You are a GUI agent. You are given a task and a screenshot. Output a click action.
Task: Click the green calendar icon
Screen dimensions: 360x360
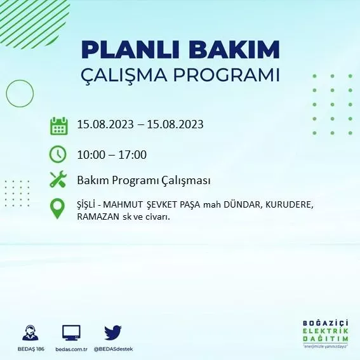click(x=59, y=126)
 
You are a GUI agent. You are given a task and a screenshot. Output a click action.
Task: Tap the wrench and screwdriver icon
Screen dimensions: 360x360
click(x=58, y=180)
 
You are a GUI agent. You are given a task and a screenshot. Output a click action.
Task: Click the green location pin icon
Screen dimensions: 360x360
click(x=58, y=209)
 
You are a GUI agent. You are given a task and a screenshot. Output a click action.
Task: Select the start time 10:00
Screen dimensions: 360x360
click(x=91, y=154)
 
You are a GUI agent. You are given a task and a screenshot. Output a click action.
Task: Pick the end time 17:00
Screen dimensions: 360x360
click(x=133, y=154)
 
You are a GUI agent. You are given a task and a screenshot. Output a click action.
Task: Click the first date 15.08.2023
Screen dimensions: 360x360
click(x=104, y=124)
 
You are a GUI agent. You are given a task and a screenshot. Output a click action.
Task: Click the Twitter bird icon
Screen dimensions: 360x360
click(x=113, y=333)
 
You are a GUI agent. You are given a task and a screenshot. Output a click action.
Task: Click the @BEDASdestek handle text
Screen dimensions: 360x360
click(x=113, y=349)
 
